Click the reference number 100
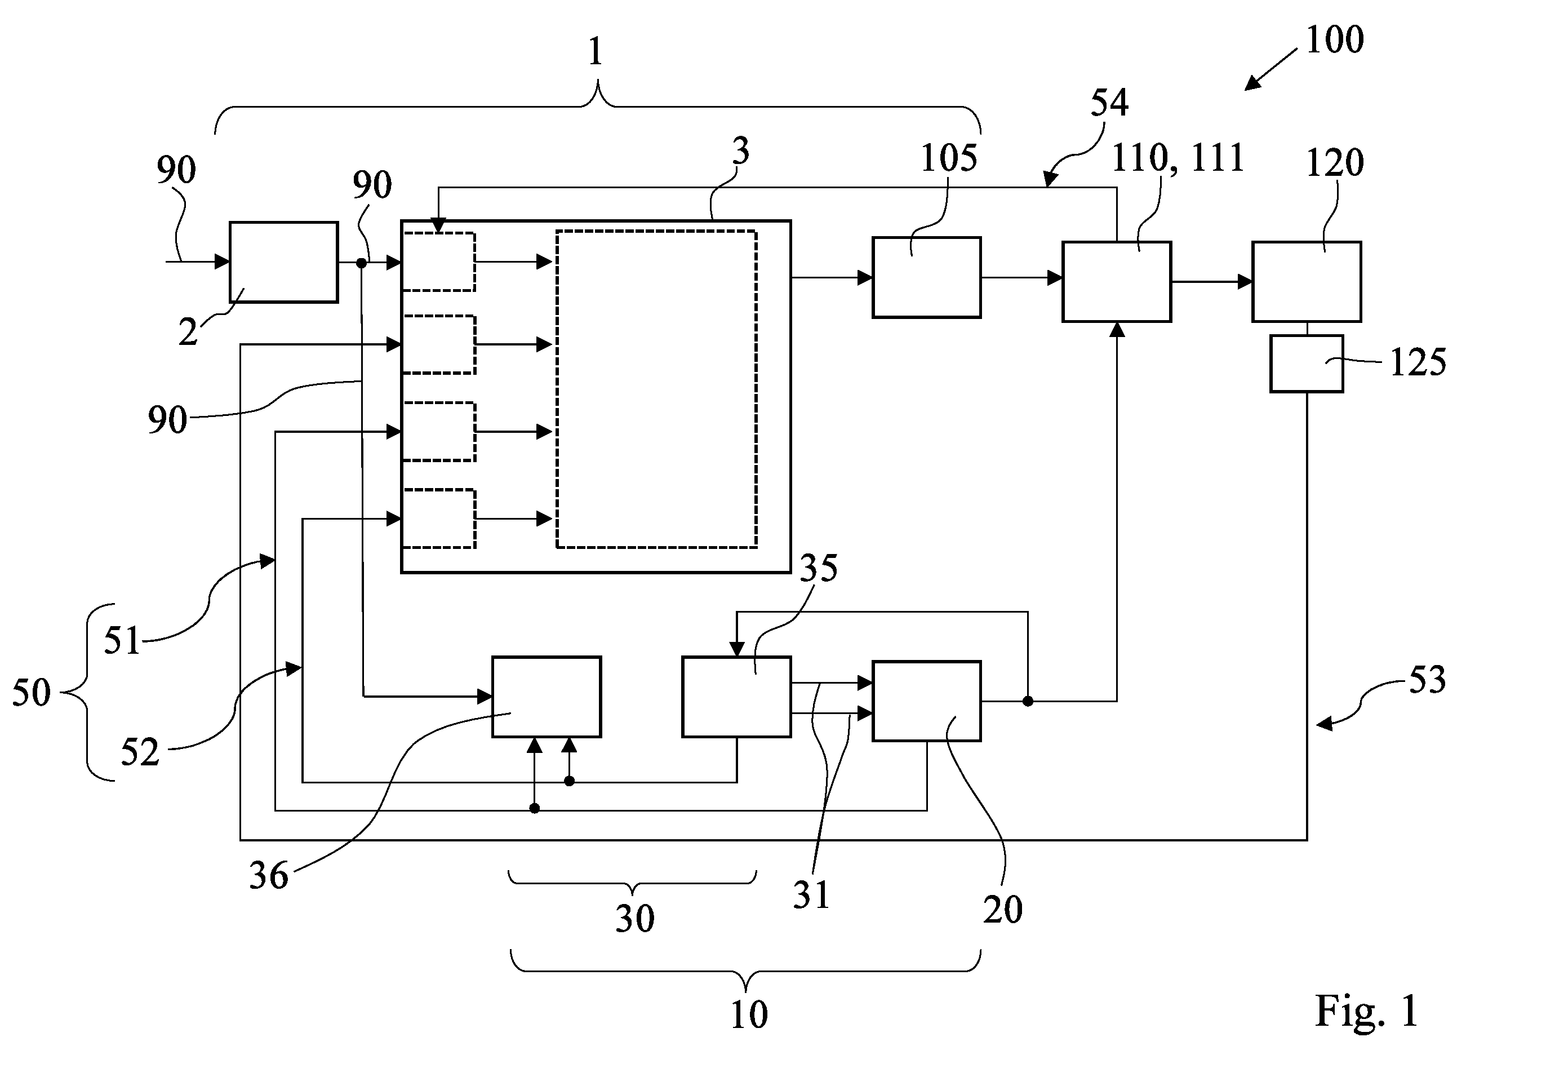[x=1334, y=39]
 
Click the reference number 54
[x=1109, y=103]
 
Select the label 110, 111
[x=1178, y=158]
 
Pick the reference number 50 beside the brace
[x=32, y=693]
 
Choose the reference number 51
[x=122, y=640]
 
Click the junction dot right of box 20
[x=1028, y=701]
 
